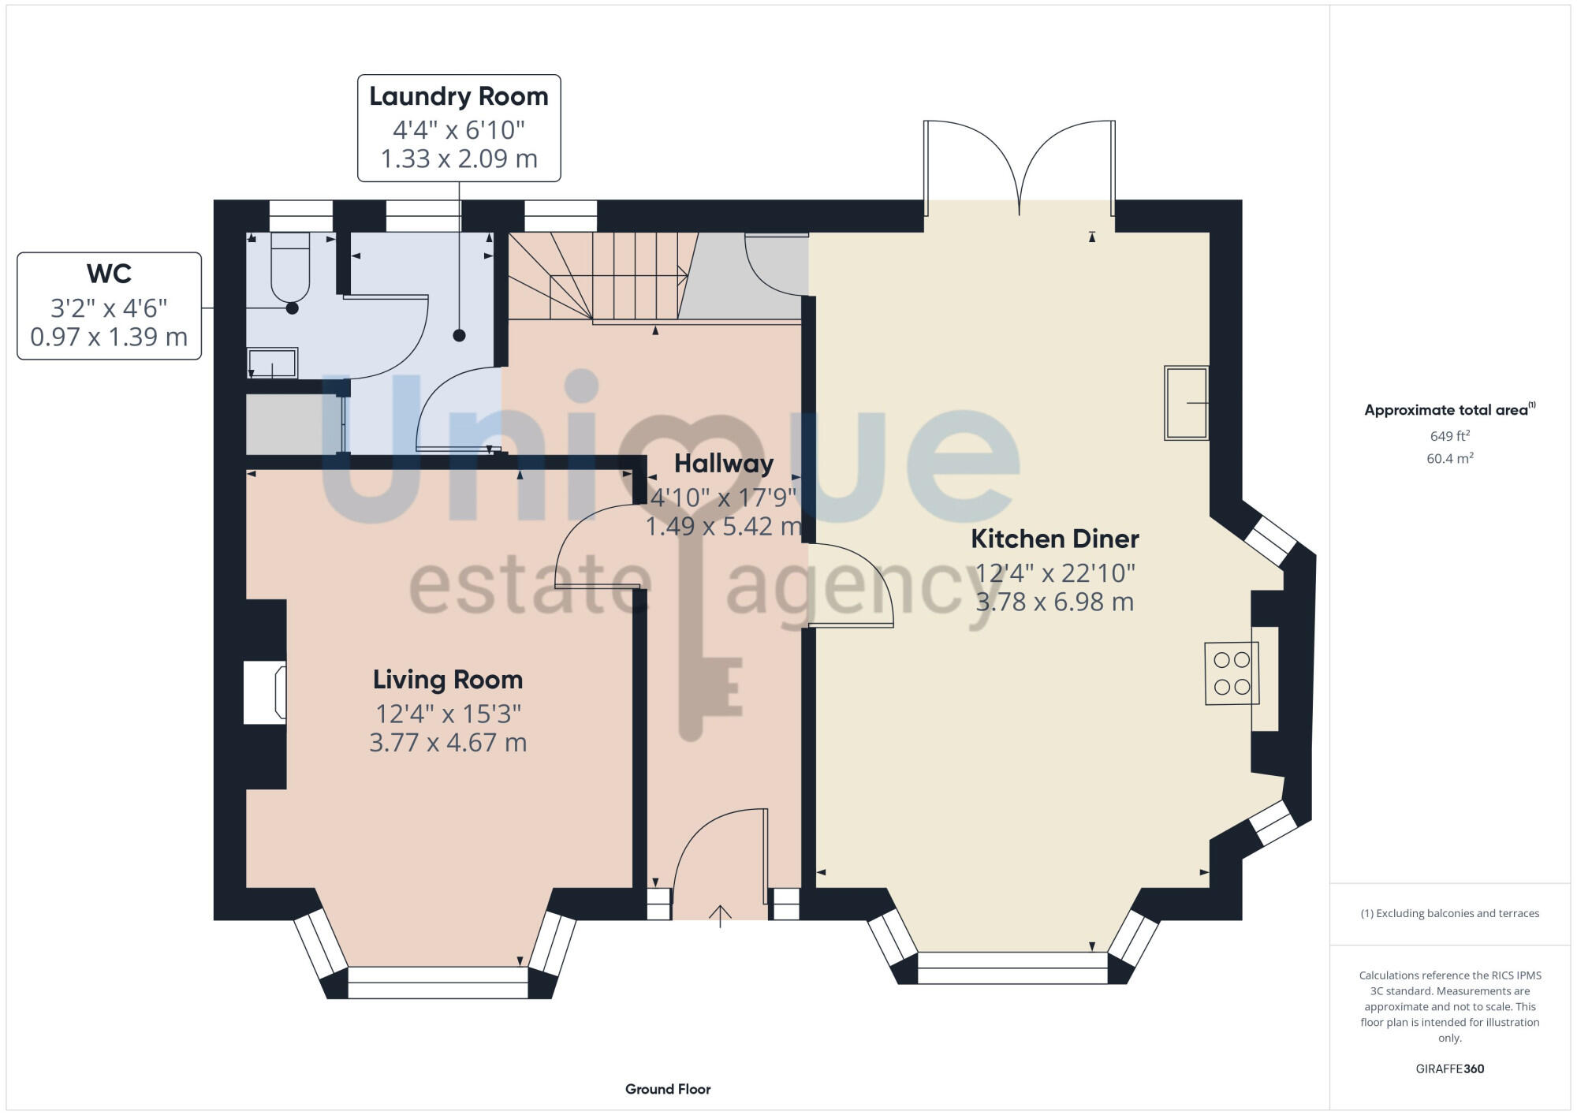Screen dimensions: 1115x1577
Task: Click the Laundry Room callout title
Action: point(458,96)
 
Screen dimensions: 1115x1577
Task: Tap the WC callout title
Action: point(109,274)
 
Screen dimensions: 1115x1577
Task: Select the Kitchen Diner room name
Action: point(1054,539)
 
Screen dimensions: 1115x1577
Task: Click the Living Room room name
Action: point(447,679)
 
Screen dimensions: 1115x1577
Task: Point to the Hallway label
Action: point(723,464)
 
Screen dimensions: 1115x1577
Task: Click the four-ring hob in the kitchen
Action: point(1231,673)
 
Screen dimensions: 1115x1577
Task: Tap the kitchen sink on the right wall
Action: point(1186,403)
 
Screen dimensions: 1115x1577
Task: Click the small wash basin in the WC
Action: point(272,364)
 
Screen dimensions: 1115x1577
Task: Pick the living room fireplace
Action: point(265,692)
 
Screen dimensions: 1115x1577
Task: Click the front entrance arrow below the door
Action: point(720,915)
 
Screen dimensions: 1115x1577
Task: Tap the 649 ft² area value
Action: point(1449,436)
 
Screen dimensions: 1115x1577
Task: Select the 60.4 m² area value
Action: point(1449,458)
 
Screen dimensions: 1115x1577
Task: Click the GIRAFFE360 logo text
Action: point(1449,1068)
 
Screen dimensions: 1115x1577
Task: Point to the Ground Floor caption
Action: point(668,1089)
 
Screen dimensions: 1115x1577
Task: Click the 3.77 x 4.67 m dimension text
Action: point(447,743)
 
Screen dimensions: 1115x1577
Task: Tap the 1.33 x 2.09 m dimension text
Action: point(458,158)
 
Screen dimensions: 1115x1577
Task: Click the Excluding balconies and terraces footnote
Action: point(1449,913)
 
